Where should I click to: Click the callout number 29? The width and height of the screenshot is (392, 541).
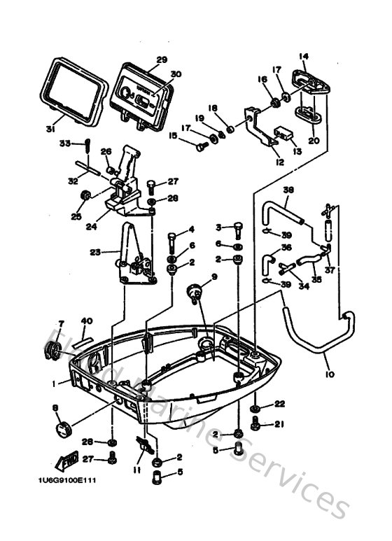click(162, 59)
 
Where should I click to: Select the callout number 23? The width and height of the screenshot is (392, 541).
click(96, 251)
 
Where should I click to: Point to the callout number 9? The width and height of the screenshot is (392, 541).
click(214, 276)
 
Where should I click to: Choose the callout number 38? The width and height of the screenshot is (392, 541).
click(288, 190)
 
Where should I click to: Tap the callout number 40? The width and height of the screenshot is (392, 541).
click(86, 321)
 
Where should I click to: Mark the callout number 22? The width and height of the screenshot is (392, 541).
click(280, 404)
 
